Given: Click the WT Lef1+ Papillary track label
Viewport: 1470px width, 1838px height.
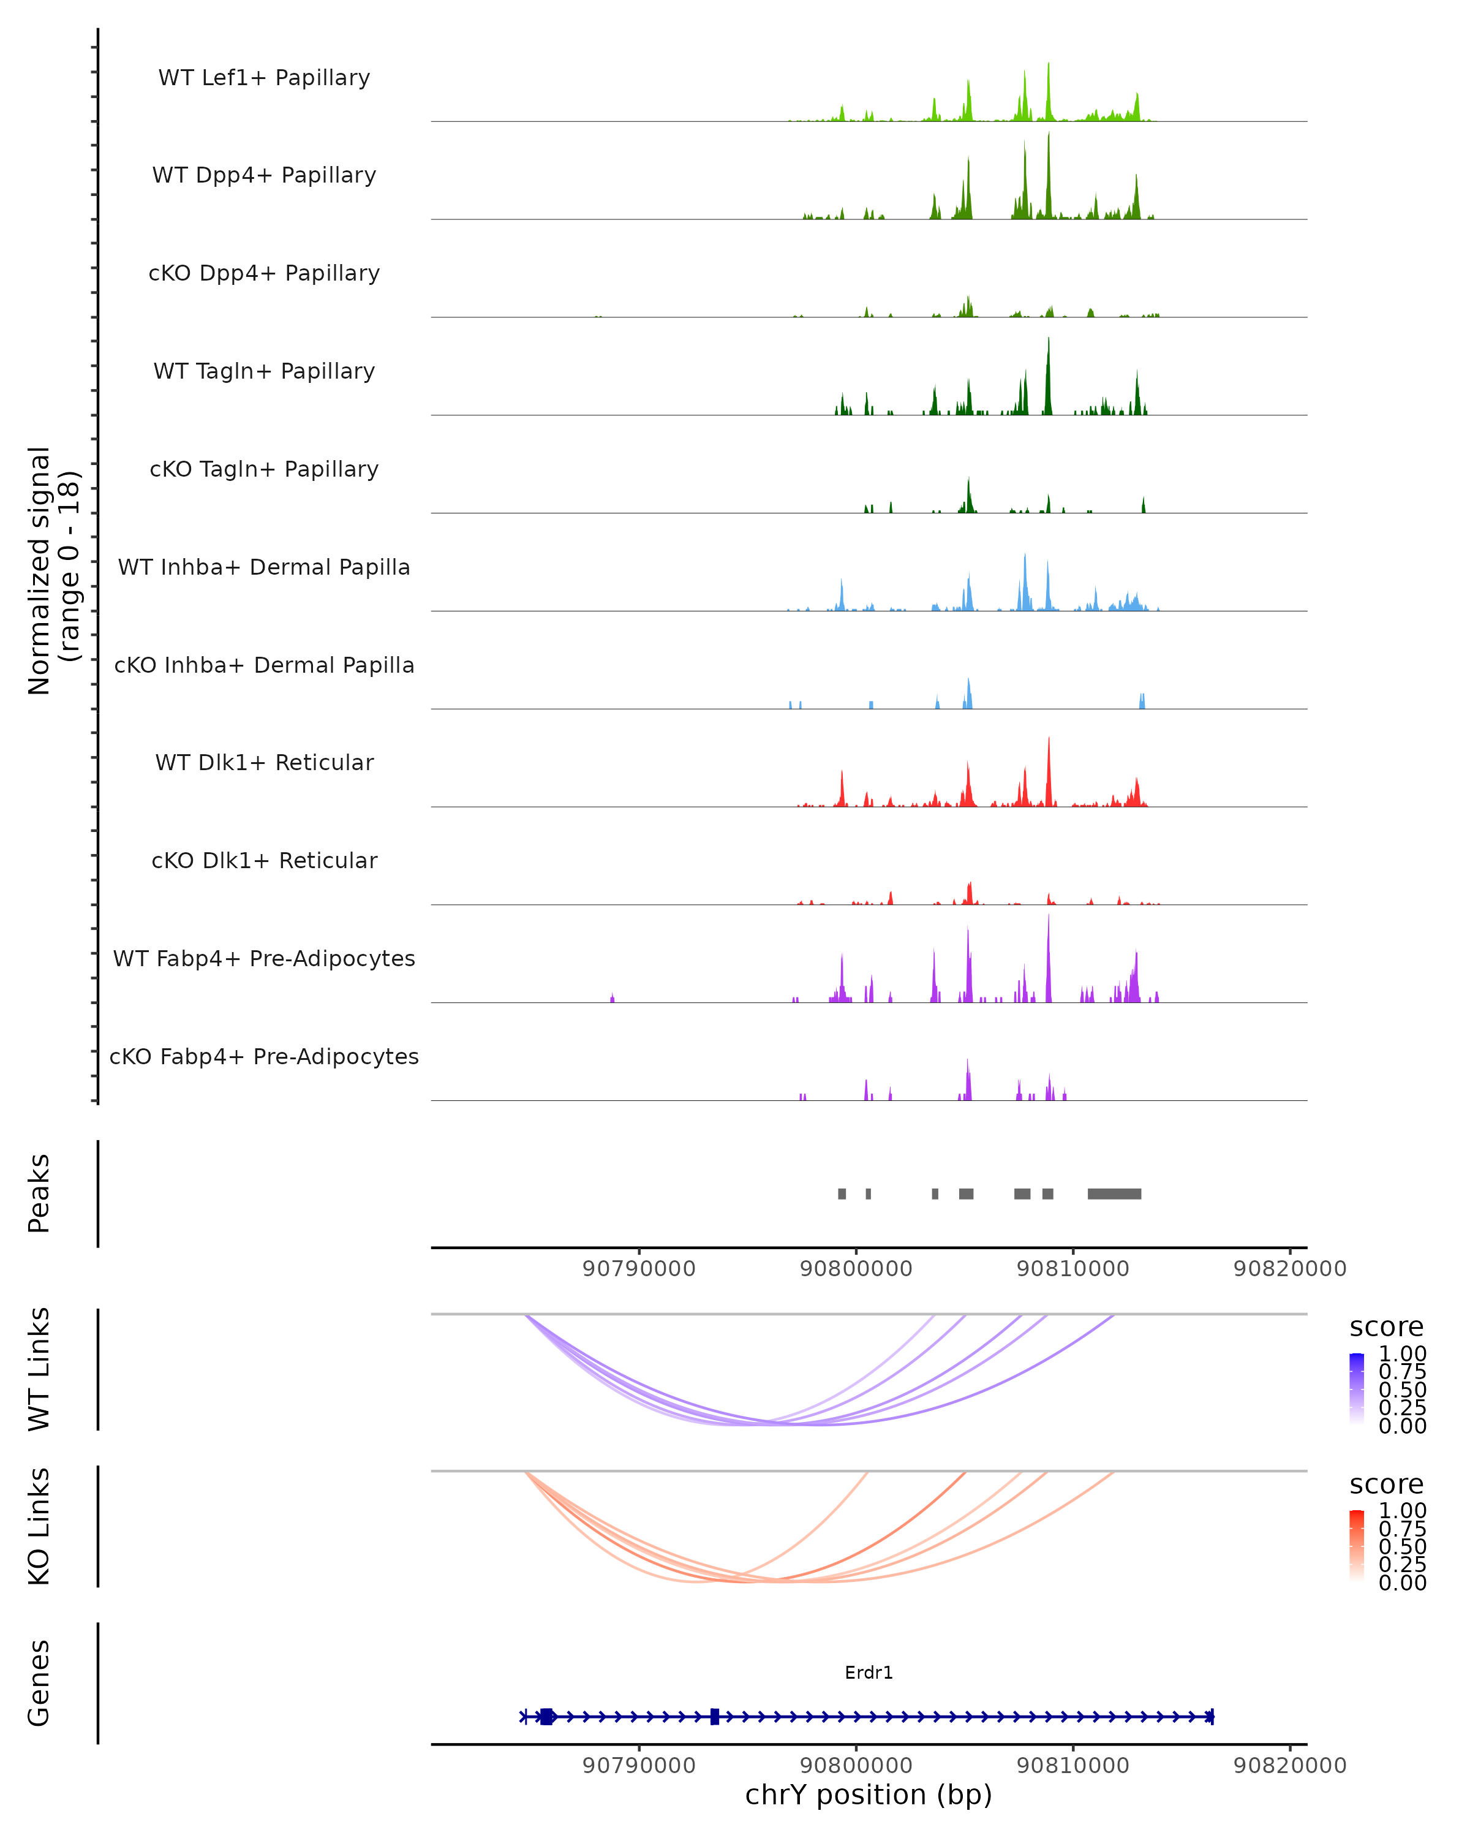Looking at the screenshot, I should [x=264, y=78].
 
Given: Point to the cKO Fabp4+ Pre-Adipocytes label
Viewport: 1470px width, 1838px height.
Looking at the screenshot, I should [x=264, y=1056].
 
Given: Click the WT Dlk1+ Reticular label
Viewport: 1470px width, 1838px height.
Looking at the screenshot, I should [x=264, y=762].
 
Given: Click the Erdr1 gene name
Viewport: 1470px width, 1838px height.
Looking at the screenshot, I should [x=869, y=1673].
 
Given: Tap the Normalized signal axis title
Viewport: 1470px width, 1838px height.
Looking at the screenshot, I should [x=53, y=570].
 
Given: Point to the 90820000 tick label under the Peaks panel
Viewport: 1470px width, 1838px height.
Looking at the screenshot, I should [x=1289, y=1269].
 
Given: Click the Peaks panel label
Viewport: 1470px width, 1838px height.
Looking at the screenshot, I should [x=39, y=1193].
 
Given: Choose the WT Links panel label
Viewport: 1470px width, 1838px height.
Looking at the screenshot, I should [x=39, y=1369].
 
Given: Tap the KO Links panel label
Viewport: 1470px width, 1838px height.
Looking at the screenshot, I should [x=39, y=1526].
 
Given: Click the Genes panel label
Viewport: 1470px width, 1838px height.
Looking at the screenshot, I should [x=39, y=1683].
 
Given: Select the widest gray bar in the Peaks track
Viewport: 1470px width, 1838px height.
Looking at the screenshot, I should [x=1114, y=1193].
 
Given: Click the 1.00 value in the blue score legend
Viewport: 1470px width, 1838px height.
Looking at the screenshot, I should [x=1402, y=1354].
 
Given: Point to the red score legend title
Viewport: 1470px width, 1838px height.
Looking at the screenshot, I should [x=1385, y=1484].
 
